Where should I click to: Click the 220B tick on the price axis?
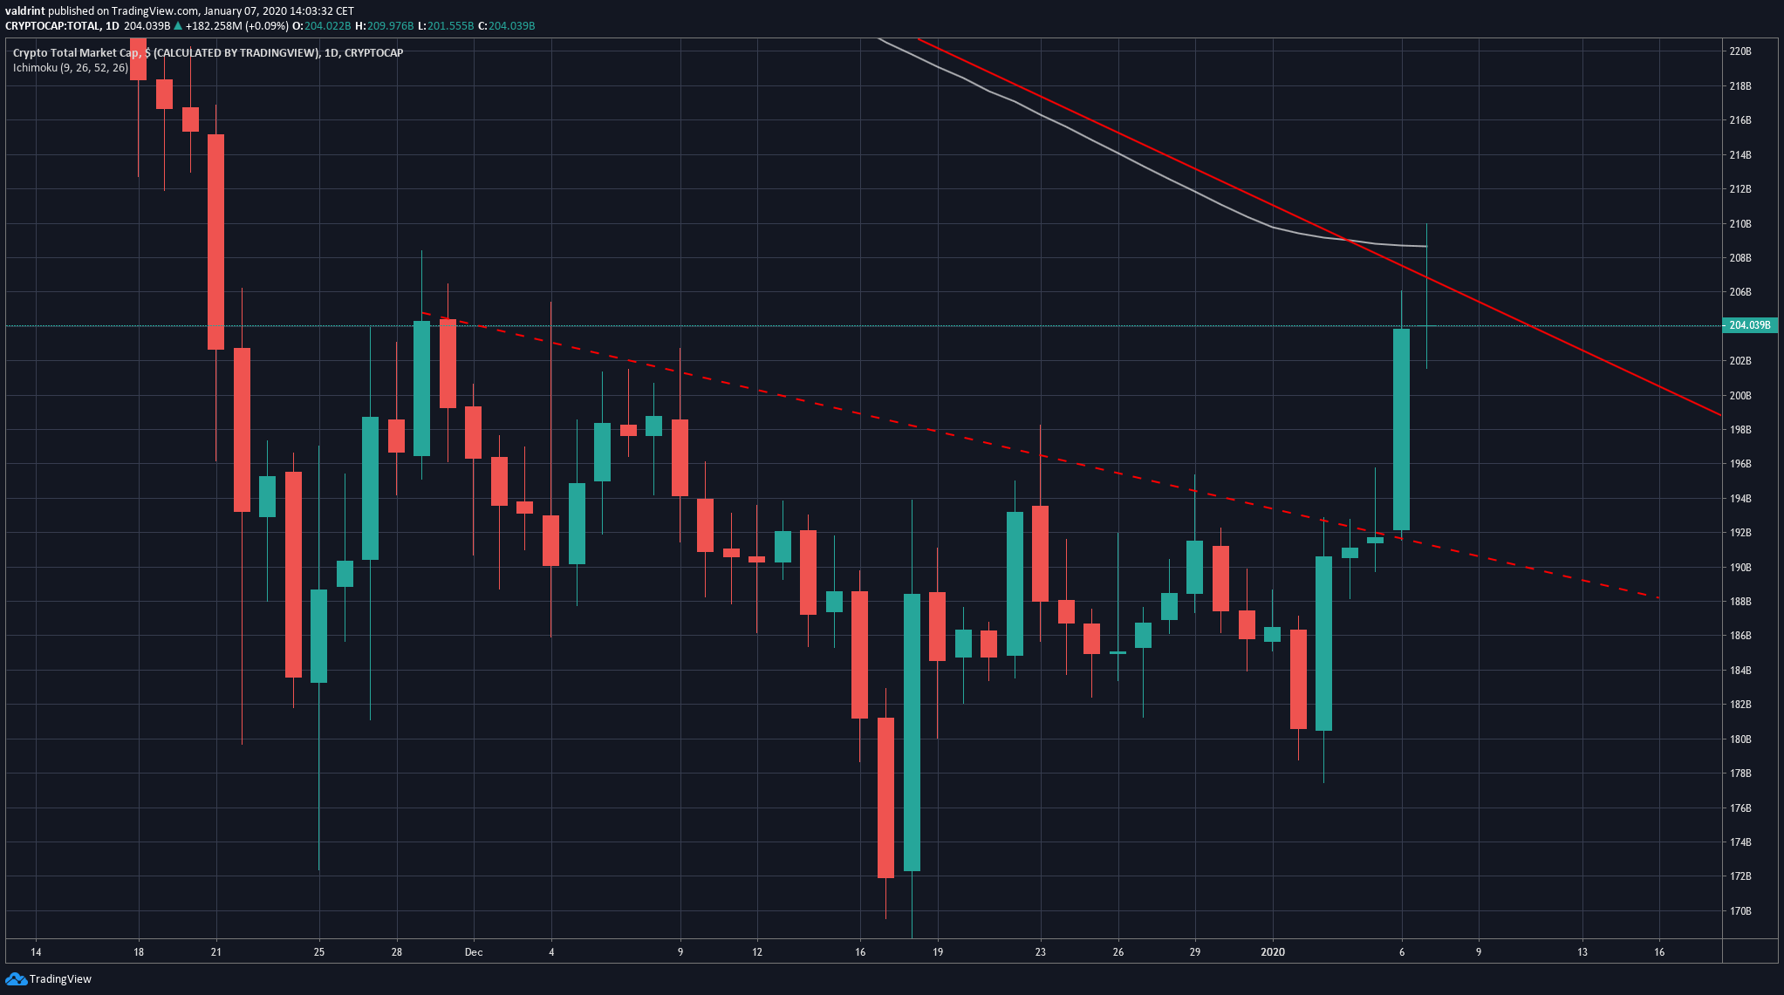click(1740, 51)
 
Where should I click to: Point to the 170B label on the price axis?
click(1740, 911)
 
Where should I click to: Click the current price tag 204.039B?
click(1749, 325)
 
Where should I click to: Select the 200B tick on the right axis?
click(1740, 395)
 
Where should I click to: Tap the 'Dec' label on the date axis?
click(474, 952)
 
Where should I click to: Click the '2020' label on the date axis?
click(1273, 952)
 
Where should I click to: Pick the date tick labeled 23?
click(1040, 952)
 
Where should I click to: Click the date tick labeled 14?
click(36, 952)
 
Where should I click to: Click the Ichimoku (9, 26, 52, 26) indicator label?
click(71, 67)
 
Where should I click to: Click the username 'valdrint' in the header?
click(25, 11)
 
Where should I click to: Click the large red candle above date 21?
click(215, 242)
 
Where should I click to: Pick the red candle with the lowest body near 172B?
click(885, 798)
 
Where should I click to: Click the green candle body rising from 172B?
click(912, 733)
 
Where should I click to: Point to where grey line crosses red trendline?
click(1349, 240)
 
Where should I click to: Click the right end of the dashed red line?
click(1657, 597)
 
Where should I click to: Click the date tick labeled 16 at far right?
click(1658, 952)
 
